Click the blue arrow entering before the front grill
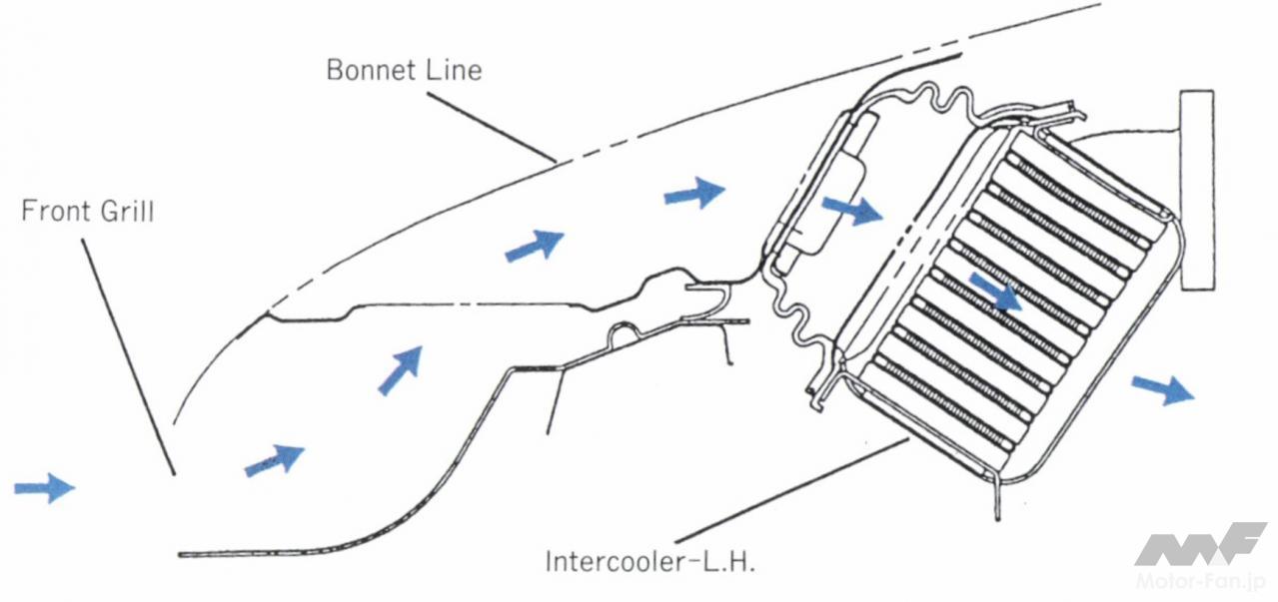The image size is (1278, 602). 44,487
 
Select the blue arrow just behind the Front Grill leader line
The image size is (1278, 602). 274,459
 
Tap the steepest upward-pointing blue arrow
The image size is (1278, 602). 400,370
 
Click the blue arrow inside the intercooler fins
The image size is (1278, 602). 996,293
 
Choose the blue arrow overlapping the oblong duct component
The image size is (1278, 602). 851,209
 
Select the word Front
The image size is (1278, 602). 58,212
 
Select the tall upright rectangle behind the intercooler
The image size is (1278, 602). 1197,190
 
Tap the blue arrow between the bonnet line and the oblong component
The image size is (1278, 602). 694,192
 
